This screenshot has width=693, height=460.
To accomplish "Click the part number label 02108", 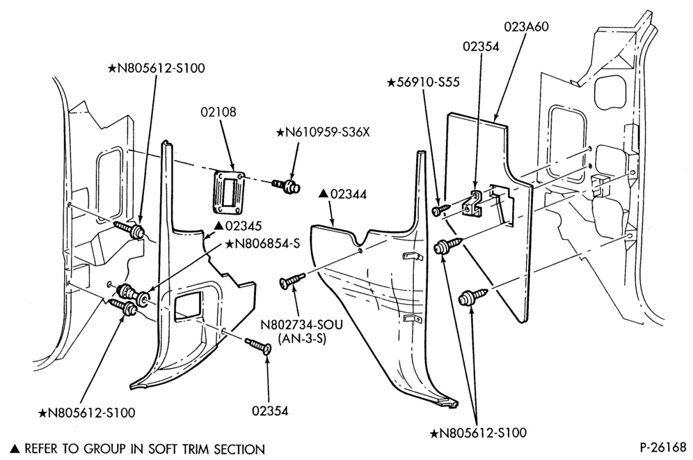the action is [218, 112].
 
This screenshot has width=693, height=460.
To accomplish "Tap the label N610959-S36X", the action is [323, 132].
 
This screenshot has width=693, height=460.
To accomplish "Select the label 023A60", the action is [527, 26].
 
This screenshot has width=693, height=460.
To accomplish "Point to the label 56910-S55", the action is [424, 82].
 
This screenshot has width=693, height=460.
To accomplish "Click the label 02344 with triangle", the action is [342, 194].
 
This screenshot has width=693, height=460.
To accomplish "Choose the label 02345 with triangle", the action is [238, 226].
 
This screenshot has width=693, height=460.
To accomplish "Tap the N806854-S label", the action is [262, 244].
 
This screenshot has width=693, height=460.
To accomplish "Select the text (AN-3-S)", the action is [302, 339].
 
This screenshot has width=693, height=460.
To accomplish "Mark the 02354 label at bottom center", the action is [270, 411].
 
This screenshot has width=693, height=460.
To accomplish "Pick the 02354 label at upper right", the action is [481, 47].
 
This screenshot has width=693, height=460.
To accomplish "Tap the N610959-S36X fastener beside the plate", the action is [287, 185].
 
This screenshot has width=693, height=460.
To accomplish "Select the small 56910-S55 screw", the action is [440, 209].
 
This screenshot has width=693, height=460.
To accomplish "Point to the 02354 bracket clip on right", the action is [472, 204].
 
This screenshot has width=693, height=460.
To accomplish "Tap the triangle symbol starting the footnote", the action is [15, 449].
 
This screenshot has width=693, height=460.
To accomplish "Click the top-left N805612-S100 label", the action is [156, 68].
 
